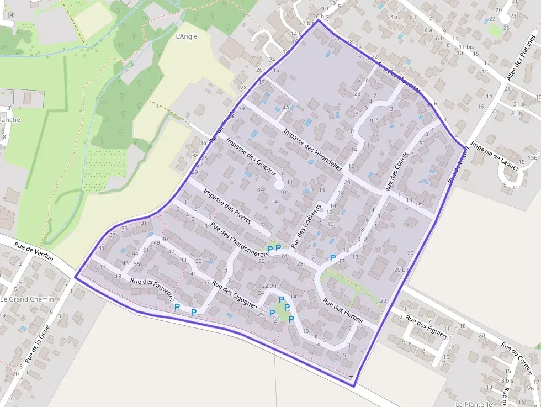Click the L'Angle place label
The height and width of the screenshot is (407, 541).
coord(185,37)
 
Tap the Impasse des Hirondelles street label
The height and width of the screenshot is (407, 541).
coord(312,149)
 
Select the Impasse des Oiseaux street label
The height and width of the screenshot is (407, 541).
coord(251,157)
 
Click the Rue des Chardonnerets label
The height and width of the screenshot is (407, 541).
coord(240,238)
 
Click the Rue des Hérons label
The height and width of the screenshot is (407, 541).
coord(342,311)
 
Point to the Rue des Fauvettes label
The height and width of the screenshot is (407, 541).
coord(152,289)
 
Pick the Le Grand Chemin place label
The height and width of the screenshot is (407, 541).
coord(27,299)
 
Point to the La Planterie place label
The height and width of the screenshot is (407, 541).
coord(474,404)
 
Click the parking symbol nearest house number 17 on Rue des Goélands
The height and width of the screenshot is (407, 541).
coord(333,257)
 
